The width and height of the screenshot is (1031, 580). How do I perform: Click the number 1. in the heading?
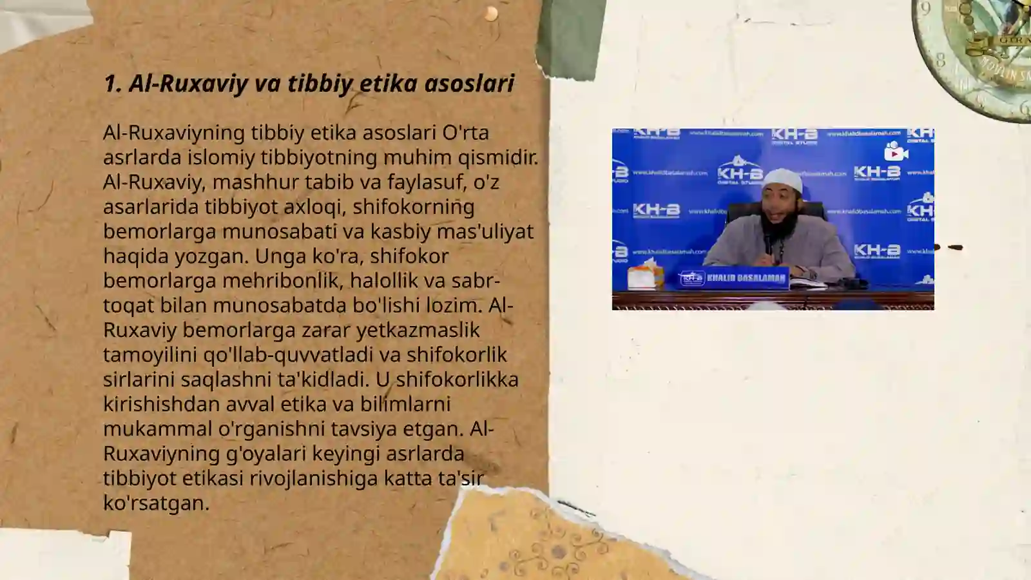coord(113,84)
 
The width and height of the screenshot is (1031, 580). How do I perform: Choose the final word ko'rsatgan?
coord(156,503)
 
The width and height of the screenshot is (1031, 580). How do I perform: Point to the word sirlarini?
coord(139,380)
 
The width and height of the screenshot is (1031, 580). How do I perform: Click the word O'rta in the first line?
coord(465,133)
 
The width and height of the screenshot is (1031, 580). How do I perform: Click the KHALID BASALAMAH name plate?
coord(735,278)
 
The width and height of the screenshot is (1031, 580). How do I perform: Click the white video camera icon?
coord(896,152)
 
